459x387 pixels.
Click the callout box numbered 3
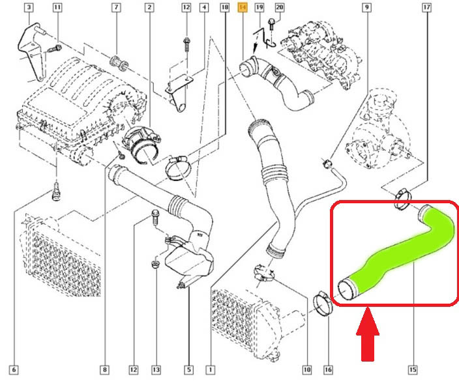click(29, 7)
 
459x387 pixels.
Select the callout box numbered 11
click(57, 7)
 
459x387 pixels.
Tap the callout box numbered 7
click(117, 7)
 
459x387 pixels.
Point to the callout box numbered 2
click(149, 7)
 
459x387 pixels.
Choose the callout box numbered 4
click(204, 7)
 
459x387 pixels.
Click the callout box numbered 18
click(224, 7)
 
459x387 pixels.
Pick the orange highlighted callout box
click(243, 7)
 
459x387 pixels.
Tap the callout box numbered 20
click(280, 7)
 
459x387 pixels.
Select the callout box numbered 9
click(367, 7)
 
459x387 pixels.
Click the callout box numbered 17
click(427, 7)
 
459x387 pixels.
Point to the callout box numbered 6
click(14, 370)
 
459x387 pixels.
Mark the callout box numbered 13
click(156, 370)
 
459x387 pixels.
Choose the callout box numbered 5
click(189, 370)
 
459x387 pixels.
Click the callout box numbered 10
click(307, 370)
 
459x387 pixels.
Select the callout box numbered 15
click(413, 370)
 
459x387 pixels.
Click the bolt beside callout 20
click(271, 24)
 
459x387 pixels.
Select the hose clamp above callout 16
click(323, 304)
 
